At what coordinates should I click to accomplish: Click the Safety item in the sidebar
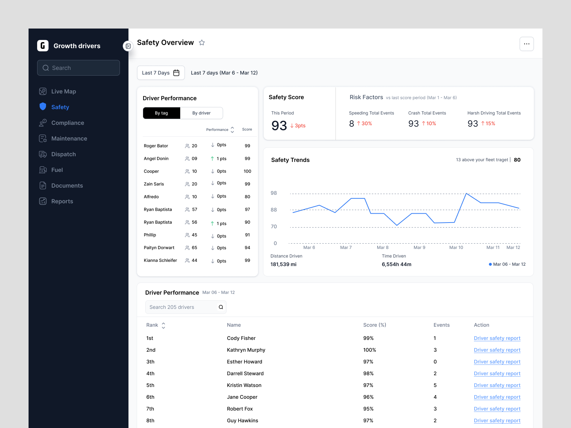coord(60,107)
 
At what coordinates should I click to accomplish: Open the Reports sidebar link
coord(62,201)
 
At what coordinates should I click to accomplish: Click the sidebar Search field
coord(79,68)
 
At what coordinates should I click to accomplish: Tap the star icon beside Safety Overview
coord(202,43)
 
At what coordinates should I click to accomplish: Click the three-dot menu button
coord(526,44)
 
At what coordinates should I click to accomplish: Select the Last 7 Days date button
coord(161,73)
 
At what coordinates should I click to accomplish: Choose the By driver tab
coord(201,113)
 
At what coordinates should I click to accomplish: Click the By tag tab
coord(161,113)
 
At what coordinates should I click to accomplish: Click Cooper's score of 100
coord(247,171)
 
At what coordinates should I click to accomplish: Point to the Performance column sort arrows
coord(232,129)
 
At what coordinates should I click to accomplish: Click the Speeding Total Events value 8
coord(352,123)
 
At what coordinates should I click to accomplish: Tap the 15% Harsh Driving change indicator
coord(488,123)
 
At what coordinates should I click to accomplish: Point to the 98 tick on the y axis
coord(274,193)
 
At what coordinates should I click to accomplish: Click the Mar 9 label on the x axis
coord(419,248)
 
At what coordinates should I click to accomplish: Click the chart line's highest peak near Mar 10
coord(466,193)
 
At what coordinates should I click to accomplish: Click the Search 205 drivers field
coord(182,307)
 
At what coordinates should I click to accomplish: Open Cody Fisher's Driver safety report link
coord(497,338)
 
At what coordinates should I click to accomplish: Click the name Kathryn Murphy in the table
coord(246,350)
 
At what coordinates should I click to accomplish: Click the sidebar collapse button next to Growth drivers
coord(128,46)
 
